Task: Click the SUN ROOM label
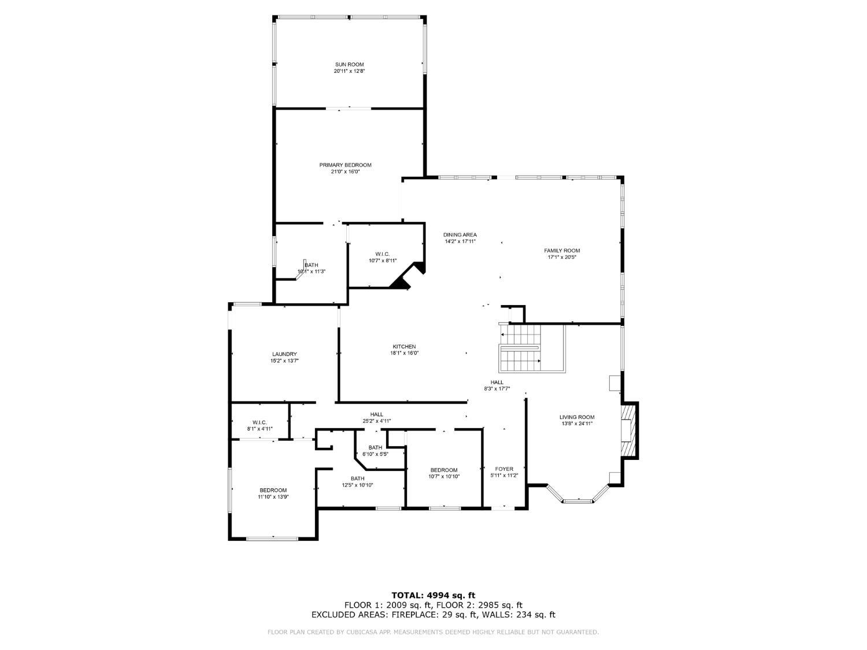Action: point(349,64)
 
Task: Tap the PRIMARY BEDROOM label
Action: point(345,165)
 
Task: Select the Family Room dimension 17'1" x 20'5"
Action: point(562,257)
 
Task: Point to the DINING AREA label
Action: point(460,235)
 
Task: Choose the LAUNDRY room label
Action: point(284,354)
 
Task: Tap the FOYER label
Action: point(504,469)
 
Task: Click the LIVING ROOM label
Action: point(576,417)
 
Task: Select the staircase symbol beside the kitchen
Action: point(520,349)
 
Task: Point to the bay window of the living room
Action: point(577,497)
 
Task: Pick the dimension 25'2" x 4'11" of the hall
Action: point(376,421)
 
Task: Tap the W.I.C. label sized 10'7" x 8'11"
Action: point(383,254)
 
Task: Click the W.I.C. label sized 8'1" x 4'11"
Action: point(260,422)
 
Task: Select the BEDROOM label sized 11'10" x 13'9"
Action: point(273,490)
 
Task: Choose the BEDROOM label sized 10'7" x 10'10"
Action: point(443,470)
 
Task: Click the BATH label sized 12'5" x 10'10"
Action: point(357,478)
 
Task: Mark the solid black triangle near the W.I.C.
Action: point(400,283)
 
